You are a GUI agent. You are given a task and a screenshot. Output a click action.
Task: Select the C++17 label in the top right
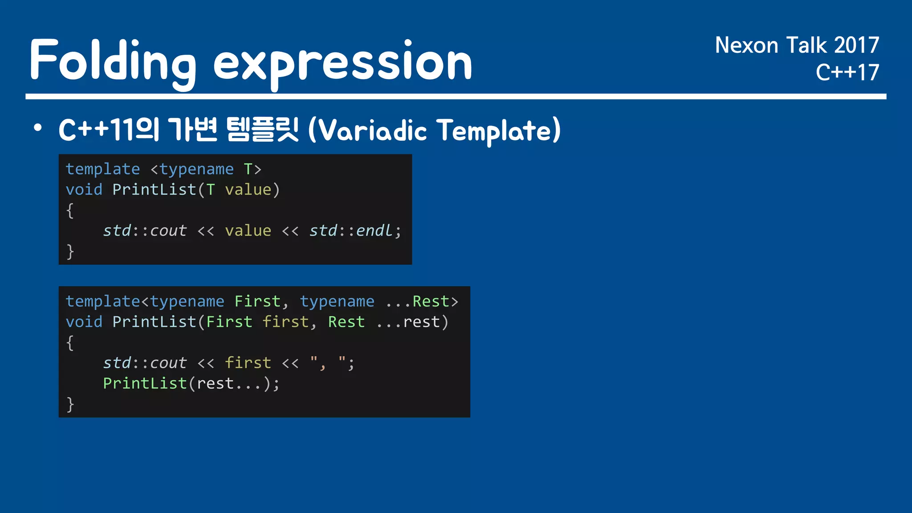(x=847, y=72)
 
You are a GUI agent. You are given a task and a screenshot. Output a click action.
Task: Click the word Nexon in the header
(x=746, y=45)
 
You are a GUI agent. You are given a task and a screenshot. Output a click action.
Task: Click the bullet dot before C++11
(x=38, y=128)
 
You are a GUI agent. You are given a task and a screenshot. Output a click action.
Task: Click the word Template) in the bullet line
(x=498, y=130)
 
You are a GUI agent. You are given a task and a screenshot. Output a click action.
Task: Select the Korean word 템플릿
(x=262, y=130)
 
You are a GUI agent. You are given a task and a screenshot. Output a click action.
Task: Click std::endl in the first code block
(x=351, y=231)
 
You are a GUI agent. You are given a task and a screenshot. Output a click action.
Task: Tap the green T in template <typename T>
(x=248, y=169)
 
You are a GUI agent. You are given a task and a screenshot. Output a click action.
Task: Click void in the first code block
(x=84, y=190)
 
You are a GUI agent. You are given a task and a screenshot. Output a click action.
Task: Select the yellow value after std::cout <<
(x=248, y=231)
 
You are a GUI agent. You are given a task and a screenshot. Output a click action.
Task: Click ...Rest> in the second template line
(x=422, y=301)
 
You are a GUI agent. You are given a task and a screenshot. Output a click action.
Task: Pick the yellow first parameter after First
(x=285, y=322)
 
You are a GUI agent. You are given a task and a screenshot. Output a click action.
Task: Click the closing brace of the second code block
(x=70, y=404)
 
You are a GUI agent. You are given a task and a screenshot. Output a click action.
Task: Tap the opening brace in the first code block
(x=70, y=210)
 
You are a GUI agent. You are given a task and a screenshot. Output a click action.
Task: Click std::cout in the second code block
(x=145, y=363)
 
